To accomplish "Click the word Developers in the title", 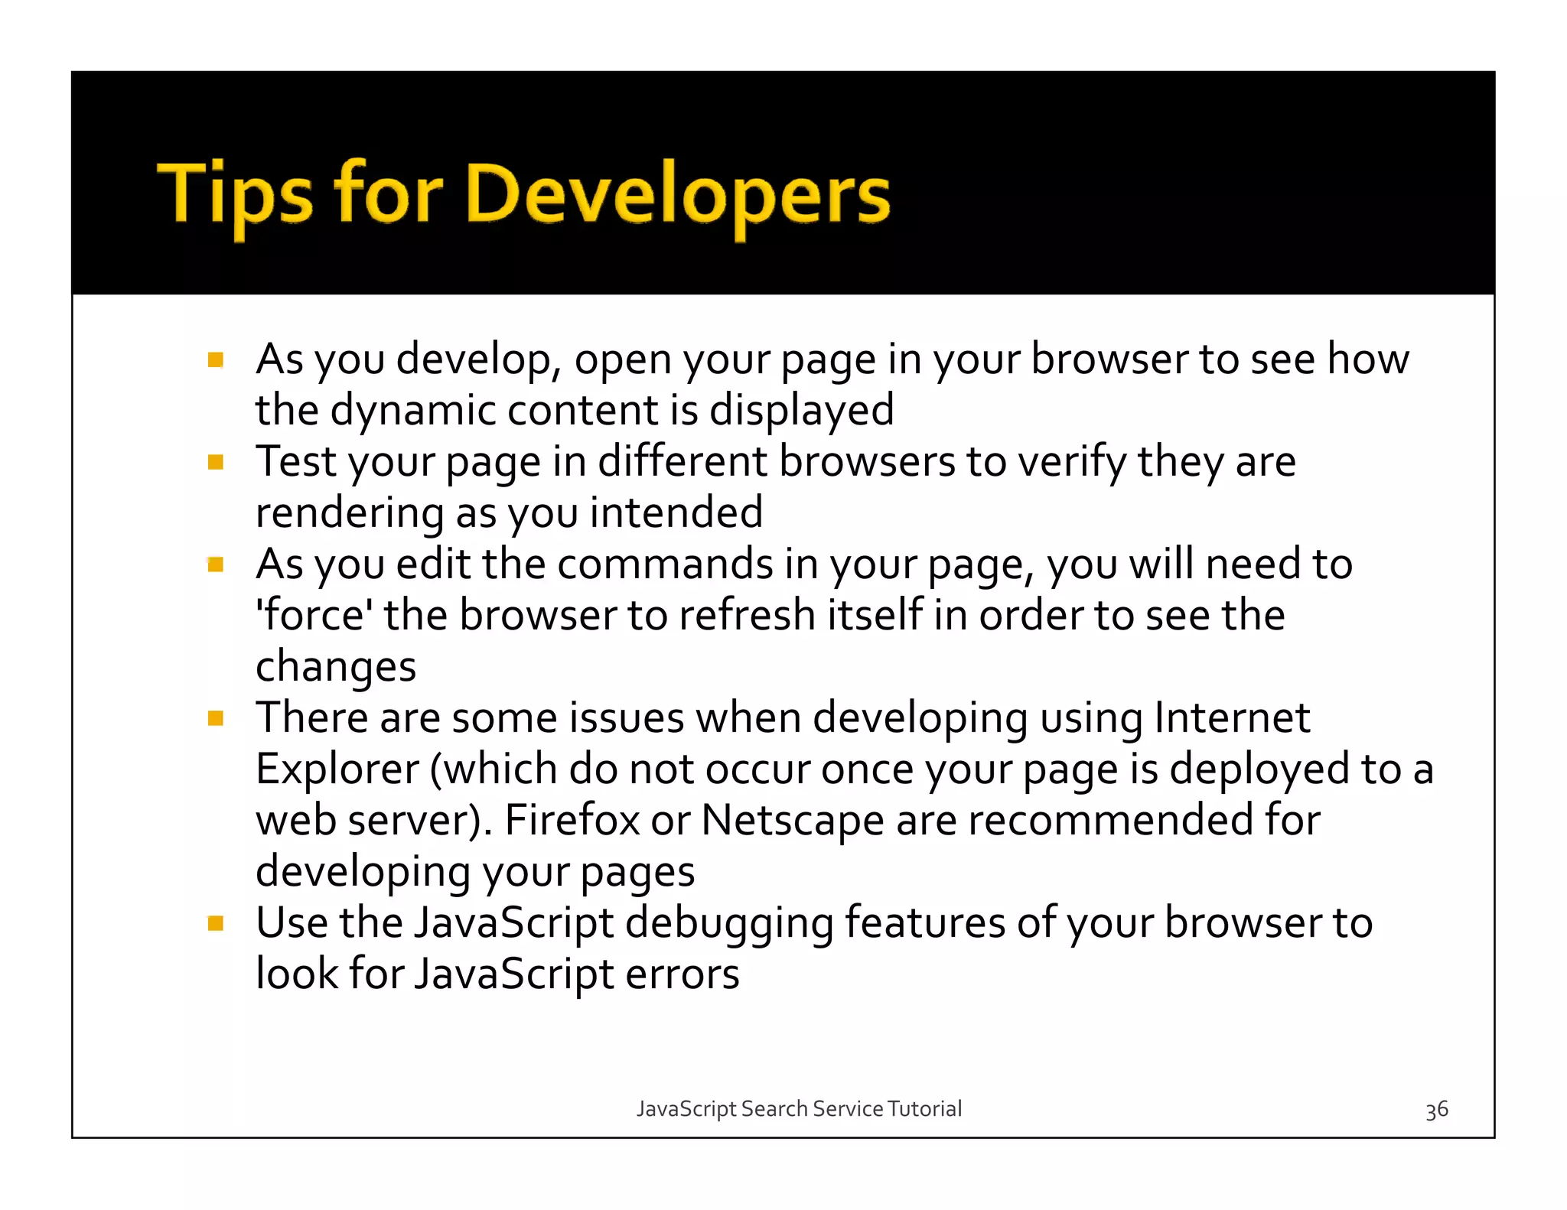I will [x=676, y=195].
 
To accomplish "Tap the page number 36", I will [x=1436, y=1110].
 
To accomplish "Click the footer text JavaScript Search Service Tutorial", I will [x=799, y=1109].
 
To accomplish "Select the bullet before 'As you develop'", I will [x=216, y=359].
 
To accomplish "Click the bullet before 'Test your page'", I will [x=216, y=462].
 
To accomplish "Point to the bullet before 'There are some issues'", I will [x=216, y=718].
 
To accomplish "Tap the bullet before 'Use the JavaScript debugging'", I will [x=216, y=923].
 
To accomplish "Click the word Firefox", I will [x=572, y=821].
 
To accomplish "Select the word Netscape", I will [x=793, y=821].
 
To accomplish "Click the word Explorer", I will [x=337, y=769].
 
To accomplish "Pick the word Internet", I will [x=1232, y=718].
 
